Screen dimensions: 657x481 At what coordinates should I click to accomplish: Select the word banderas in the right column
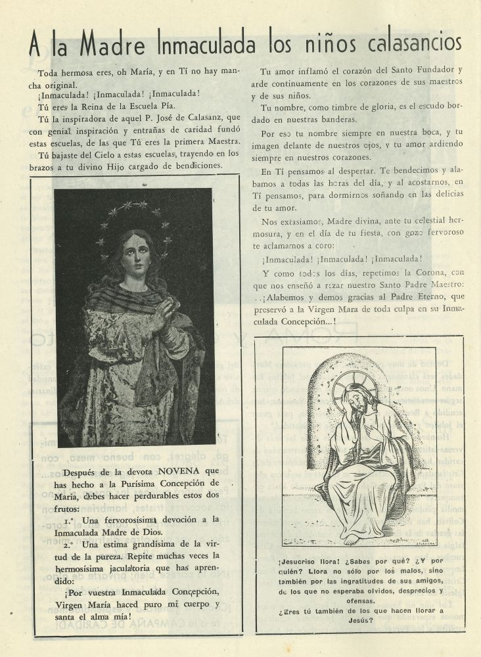(x=335, y=119)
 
